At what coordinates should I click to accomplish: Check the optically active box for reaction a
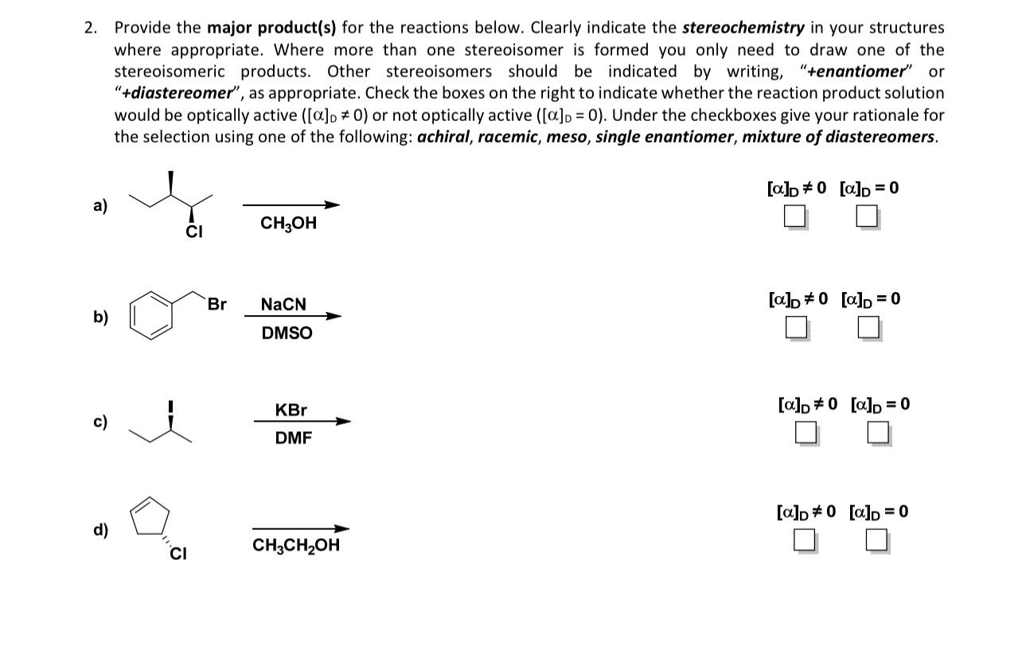tap(794, 216)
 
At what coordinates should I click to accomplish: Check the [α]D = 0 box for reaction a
tap(867, 216)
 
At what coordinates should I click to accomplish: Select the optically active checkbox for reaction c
tap(805, 433)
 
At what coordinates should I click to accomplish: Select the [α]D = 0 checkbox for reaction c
tap(878, 433)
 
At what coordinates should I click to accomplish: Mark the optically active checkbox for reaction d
tap(804, 540)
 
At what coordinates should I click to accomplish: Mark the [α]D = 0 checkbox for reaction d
tap(876, 540)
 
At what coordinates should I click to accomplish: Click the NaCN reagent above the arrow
tap(283, 305)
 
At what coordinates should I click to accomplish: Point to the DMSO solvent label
tap(287, 333)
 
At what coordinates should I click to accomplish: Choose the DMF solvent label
tap(293, 438)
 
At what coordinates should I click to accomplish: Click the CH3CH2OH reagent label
tap(295, 546)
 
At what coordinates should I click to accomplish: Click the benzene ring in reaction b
tap(151, 316)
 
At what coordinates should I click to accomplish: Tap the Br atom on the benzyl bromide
tap(216, 304)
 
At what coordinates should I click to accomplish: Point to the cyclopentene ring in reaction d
tap(150, 517)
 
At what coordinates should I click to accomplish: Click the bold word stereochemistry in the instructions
tap(743, 28)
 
